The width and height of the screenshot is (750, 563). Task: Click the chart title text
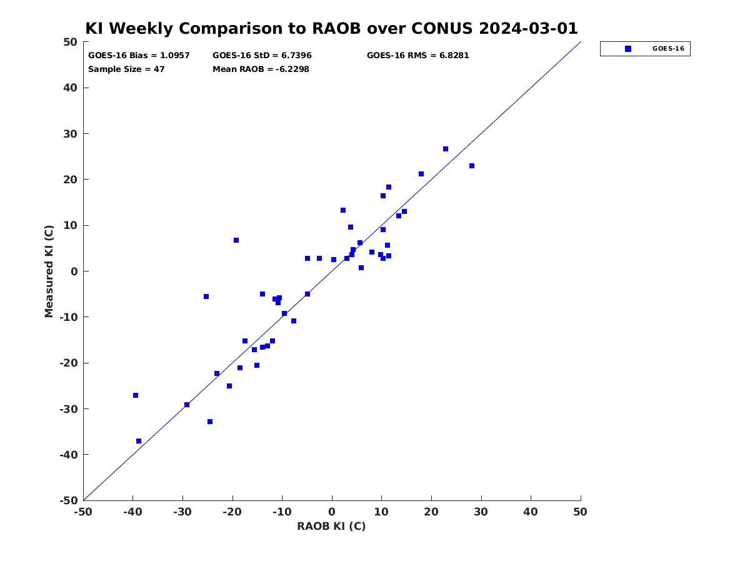click(331, 29)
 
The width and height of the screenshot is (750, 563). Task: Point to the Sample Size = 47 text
click(126, 69)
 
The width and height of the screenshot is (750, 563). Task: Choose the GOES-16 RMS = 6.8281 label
click(417, 56)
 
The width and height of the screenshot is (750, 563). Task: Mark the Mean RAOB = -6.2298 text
click(261, 69)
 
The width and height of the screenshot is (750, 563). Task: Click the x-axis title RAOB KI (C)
click(331, 526)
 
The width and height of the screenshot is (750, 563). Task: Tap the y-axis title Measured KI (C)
click(49, 271)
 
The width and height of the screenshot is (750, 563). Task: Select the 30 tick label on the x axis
click(481, 512)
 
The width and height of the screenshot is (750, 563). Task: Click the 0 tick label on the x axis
click(332, 512)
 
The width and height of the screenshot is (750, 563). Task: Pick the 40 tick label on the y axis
click(69, 88)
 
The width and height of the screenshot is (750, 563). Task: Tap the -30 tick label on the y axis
click(67, 409)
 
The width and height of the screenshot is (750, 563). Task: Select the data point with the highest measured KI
click(446, 149)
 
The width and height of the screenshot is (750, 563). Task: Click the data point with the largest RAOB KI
click(472, 166)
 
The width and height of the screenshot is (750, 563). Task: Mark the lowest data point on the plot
click(139, 441)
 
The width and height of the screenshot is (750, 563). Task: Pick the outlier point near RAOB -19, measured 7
click(236, 240)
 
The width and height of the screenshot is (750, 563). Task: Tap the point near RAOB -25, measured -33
click(210, 422)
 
